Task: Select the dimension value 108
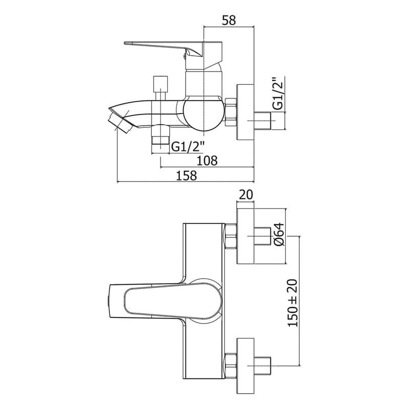tap(207, 161)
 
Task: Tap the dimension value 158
tap(186, 176)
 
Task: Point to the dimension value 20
tap(246, 195)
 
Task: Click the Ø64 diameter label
tap(278, 236)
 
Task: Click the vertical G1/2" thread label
tap(278, 94)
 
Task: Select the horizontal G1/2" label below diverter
tap(188, 147)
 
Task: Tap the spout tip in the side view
tap(119, 121)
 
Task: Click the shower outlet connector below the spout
tap(161, 141)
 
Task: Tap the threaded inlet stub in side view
tap(266, 122)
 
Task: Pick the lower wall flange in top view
tap(246, 364)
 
